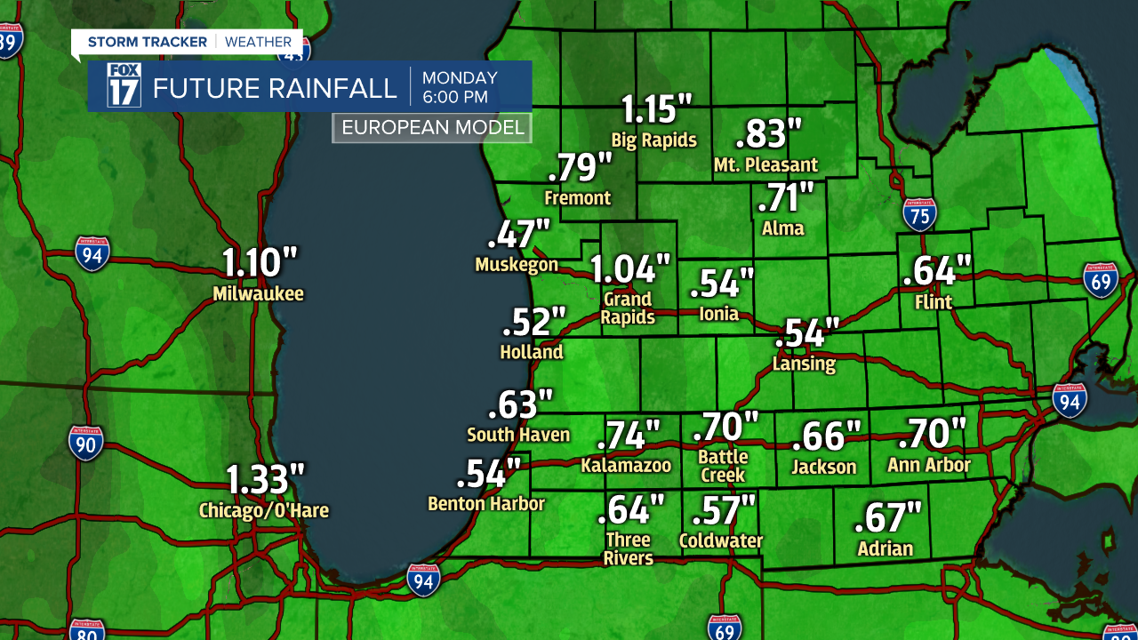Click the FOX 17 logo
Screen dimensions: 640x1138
pos(124,85)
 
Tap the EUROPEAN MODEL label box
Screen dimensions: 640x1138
pos(432,128)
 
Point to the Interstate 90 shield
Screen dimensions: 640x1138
pos(86,443)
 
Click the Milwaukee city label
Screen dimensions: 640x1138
pos(258,294)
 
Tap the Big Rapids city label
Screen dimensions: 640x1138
pos(653,140)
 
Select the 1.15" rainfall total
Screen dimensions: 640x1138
pos(656,109)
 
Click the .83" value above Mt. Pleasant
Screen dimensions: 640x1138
pos(769,134)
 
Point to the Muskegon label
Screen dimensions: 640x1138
pos(517,265)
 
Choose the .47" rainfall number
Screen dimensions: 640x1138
pos(519,234)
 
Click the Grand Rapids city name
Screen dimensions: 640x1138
pos(628,308)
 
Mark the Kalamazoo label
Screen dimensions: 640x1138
pos(626,466)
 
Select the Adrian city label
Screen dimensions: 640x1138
pos(886,548)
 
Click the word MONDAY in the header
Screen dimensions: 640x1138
pos(460,78)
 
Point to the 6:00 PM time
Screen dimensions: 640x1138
pos(454,97)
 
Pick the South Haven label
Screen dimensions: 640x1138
pos(518,435)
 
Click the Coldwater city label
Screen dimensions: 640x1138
pos(721,540)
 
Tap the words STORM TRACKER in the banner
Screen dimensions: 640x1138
pos(148,42)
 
